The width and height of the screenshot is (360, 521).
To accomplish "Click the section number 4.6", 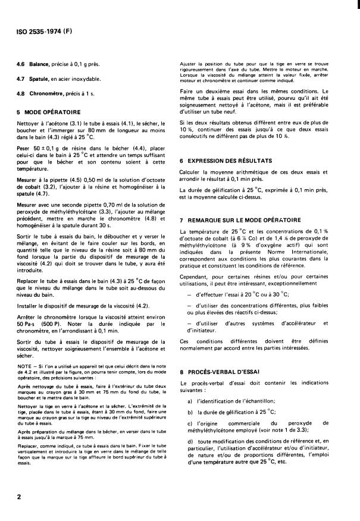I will [21, 64].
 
